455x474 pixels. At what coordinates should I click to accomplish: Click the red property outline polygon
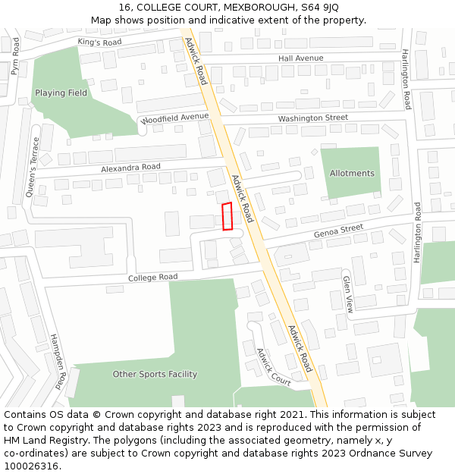click(227, 216)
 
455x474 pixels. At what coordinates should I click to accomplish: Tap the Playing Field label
click(61, 93)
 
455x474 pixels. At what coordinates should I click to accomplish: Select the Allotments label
click(352, 174)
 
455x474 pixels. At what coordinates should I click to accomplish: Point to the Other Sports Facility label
click(155, 374)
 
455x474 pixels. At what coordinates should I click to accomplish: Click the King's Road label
click(99, 42)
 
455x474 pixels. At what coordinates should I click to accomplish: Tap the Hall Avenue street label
click(300, 58)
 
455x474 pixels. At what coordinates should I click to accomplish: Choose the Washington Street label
click(312, 118)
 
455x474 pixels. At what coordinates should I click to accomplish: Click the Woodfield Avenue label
click(174, 118)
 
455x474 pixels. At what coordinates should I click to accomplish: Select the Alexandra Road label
click(130, 167)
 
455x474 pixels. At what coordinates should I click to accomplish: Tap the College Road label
click(152, 278)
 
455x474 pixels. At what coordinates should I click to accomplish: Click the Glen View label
click(348, 294)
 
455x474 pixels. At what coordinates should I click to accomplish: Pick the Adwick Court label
click(273, 367)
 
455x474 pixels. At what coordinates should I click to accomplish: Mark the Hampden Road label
click(59, 360)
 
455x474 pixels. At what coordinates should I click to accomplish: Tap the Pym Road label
click(15, 58)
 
